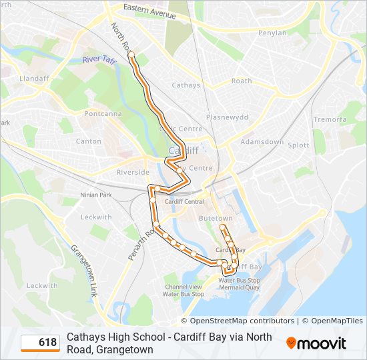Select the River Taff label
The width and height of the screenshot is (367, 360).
pos(99,60)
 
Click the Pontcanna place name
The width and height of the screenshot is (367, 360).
pos(101,114)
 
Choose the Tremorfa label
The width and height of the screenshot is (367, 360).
pos(330,119)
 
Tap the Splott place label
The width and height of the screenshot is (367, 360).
pos(298,145)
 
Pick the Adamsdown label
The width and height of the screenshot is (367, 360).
pos(262,143)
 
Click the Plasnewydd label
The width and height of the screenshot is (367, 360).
pos(227,117)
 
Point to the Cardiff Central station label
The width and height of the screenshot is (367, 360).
pos(184,202)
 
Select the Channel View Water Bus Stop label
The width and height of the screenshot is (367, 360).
pos(183,290)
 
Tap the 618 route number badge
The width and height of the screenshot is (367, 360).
pos(40,343)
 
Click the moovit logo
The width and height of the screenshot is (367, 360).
pos(316,343)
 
